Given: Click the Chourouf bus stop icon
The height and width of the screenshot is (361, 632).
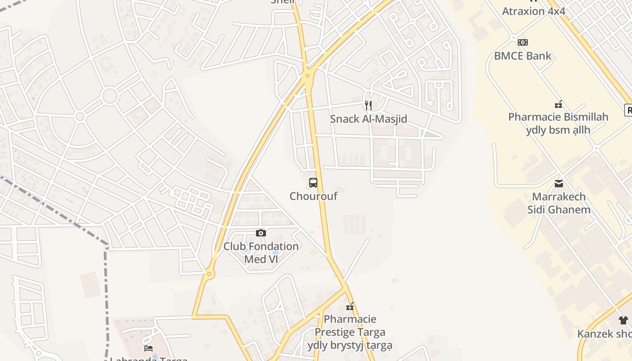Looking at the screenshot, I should (313, 183).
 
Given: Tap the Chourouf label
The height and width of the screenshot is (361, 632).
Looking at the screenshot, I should (313, 196).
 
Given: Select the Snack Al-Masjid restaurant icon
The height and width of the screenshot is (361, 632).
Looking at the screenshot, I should (368, 106).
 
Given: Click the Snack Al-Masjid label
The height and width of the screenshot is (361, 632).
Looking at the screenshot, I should (368, 119).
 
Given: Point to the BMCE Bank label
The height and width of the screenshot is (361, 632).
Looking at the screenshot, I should (523, 56).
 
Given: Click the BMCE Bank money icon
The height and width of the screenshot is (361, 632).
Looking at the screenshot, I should (523, 42).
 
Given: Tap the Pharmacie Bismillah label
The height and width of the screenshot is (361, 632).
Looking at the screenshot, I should (558, 117).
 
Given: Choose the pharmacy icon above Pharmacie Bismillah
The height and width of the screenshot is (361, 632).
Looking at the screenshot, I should (558, 104).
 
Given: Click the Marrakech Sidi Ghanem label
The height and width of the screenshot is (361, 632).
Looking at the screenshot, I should (559, 203).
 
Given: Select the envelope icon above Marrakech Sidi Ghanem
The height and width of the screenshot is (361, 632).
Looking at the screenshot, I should (559, 183).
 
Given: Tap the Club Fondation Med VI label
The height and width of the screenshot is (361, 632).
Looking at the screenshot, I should (261, 253).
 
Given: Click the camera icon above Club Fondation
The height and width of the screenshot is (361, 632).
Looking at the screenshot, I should (261, 233).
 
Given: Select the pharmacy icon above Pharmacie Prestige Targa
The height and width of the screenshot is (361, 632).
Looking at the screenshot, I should (350, 307).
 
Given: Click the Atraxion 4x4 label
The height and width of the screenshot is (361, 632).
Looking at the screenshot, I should (534, 11).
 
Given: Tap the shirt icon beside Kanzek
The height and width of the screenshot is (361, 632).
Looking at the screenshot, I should (623, 320).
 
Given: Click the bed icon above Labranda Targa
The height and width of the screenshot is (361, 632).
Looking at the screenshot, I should (149, 348).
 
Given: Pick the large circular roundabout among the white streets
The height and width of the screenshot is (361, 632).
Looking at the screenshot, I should (110, 96).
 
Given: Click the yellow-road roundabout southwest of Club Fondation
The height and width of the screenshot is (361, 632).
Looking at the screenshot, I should (209, 273).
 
